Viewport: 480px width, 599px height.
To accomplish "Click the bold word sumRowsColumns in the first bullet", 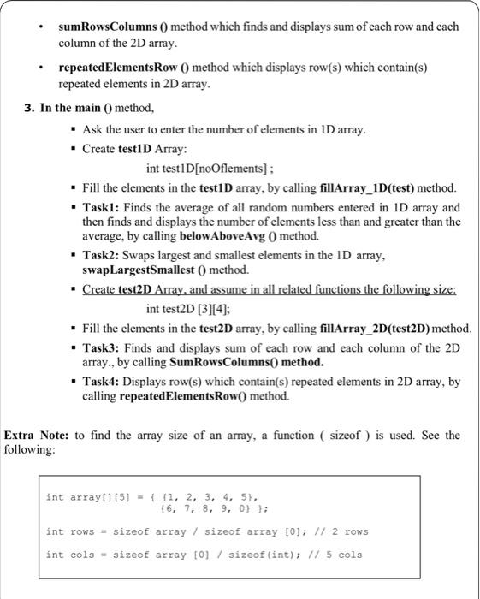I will (x=104, y=27).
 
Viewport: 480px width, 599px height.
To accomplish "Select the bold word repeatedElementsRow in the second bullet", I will (x=116, y=67).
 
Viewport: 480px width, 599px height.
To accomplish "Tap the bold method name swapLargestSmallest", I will (x=138, y=270).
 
